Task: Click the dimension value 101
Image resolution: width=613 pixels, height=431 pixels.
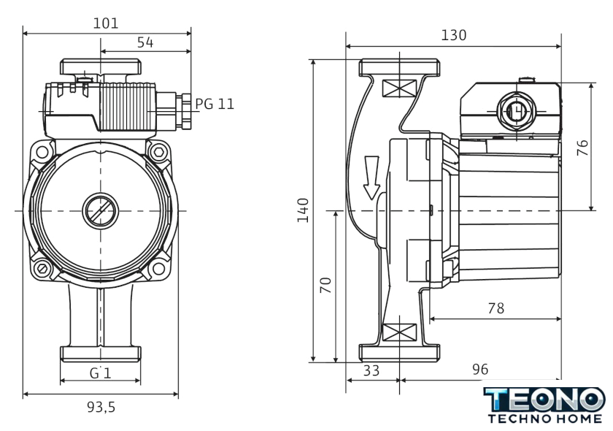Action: pyautogui.click(x=107, y=23)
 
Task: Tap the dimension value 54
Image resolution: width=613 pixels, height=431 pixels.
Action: pyautogui.click(x=145, y=43)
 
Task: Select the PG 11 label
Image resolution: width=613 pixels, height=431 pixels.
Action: pyautogui.click(x=215, y=104)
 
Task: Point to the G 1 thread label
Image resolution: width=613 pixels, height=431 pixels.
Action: pyautogui.click(x=100, y=373)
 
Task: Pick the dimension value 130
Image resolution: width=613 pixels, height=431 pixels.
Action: pyautogui.click(x=453, y=35)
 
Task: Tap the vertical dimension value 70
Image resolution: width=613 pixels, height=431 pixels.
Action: pyautogui.click(x=325, y=286)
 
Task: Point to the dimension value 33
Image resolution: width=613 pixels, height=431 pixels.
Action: pyautogui.click(x=371, y=370)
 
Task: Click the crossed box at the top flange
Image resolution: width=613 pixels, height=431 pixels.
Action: pyautogui.click(x=398, y=90)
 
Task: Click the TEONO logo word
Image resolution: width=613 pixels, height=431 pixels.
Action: pyautogui.click(x=544, y=400)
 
